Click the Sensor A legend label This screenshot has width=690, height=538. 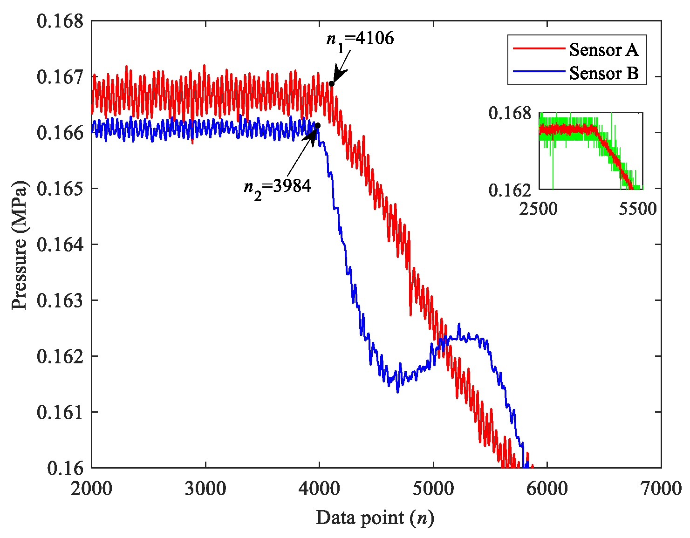[603, 49]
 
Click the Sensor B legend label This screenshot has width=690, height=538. [603, 73]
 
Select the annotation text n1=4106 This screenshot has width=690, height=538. [360, 39]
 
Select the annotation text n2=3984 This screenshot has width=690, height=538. [277, 187]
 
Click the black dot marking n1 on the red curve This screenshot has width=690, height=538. [332, 83]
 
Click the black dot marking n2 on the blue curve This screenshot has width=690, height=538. [318, 125]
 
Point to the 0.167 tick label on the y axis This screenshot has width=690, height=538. [60, 77]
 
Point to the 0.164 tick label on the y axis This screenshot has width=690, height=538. [60, 245]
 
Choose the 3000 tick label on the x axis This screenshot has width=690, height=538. [205, 489]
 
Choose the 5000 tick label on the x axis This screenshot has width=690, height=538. [433, 489]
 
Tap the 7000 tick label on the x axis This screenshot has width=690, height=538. [661, 489]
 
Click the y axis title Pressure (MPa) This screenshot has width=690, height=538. [20, 245]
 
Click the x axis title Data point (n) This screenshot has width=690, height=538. [375, 518]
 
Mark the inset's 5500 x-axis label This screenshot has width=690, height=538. [637, 209]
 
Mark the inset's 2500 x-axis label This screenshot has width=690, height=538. [539, 209]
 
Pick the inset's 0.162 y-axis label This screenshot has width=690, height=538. [510, 190]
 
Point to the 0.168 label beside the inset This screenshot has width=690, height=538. [510, 113]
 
